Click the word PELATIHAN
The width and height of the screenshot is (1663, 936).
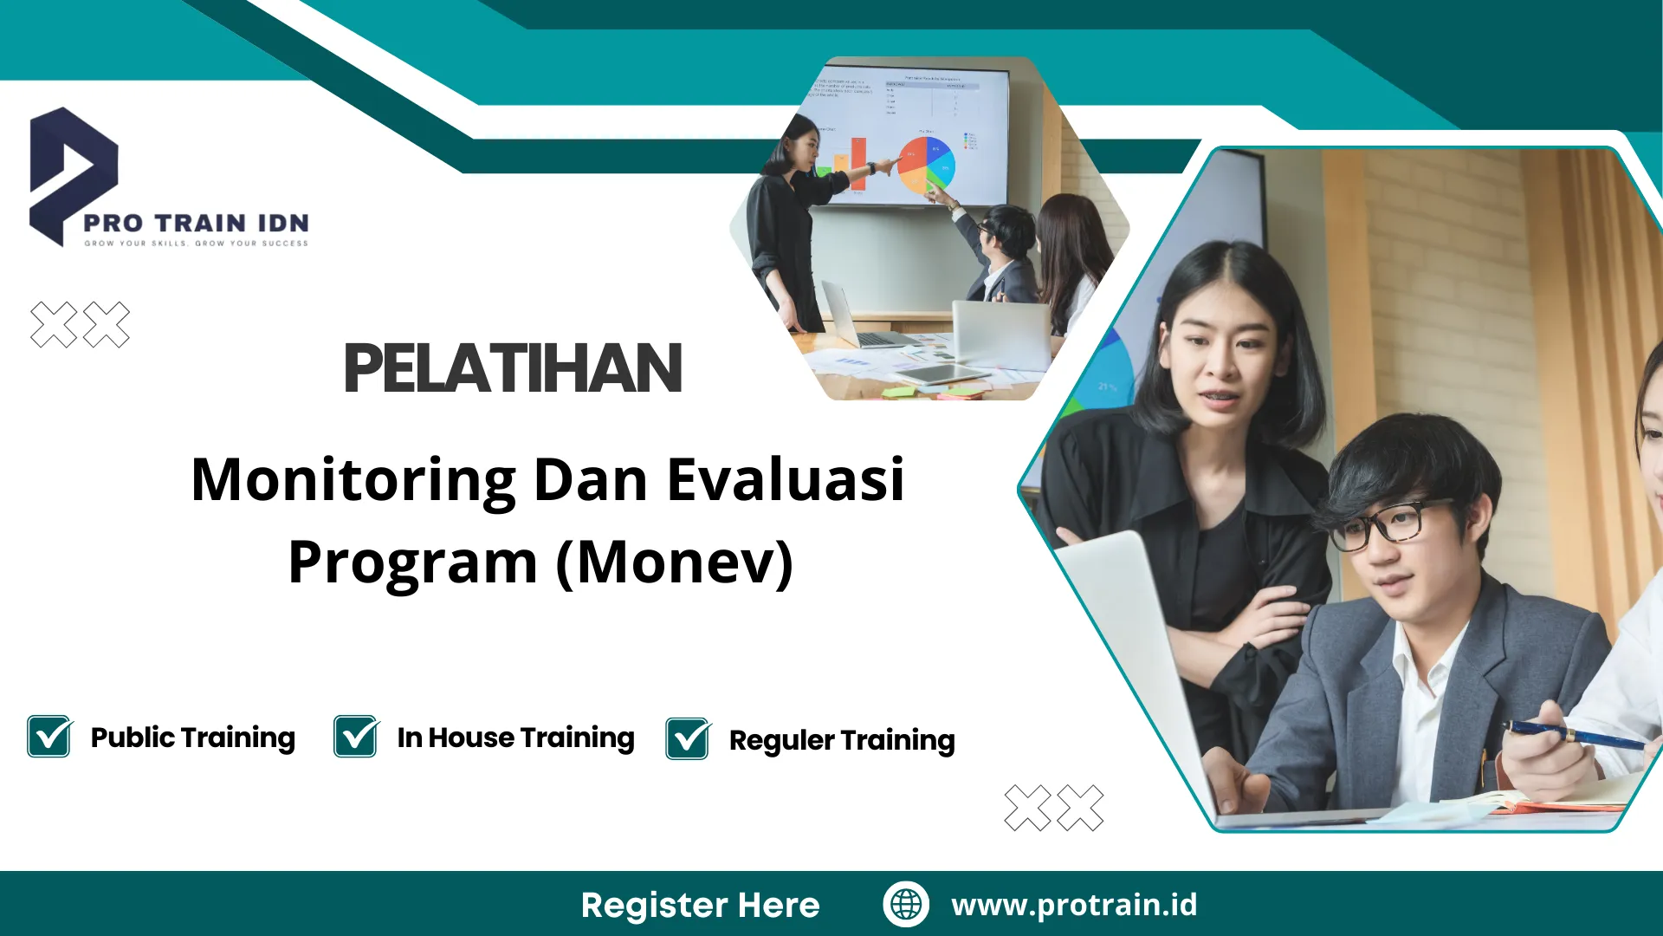[x=513, y=368]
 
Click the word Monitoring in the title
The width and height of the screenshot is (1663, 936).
[x=353, y=479]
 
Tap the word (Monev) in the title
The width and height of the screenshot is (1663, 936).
[x=674, y=562]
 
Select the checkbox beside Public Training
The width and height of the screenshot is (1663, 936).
[x=49, y=737]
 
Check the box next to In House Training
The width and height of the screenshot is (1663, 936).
[x=356, y=737]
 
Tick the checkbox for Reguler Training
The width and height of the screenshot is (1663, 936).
[x=688, y=739]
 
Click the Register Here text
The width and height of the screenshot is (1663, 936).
[x=700, y=905]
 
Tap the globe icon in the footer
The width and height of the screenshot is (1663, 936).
[x=906, y=904]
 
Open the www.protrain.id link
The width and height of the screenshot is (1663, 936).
[x=1074, y=904]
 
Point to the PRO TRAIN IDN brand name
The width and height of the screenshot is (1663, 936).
[x=196, y=223]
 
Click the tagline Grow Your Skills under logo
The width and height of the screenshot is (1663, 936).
[x=196, y=244]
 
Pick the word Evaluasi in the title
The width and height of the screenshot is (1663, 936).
[x=785, y=479]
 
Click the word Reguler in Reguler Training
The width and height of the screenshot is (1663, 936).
[x=781, y=741]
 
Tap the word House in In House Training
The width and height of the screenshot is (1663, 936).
[x=471, y=738]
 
